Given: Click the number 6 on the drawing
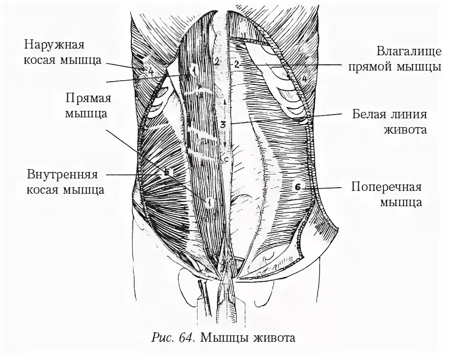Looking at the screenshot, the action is (296, 188).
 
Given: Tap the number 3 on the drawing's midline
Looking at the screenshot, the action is (223, 125).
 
